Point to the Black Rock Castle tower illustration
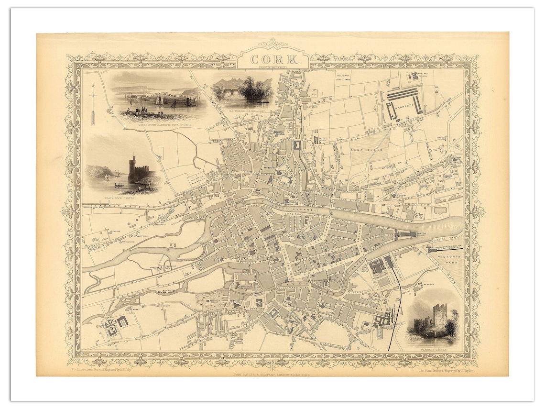click(132, 168)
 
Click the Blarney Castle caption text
click(434, 350)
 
